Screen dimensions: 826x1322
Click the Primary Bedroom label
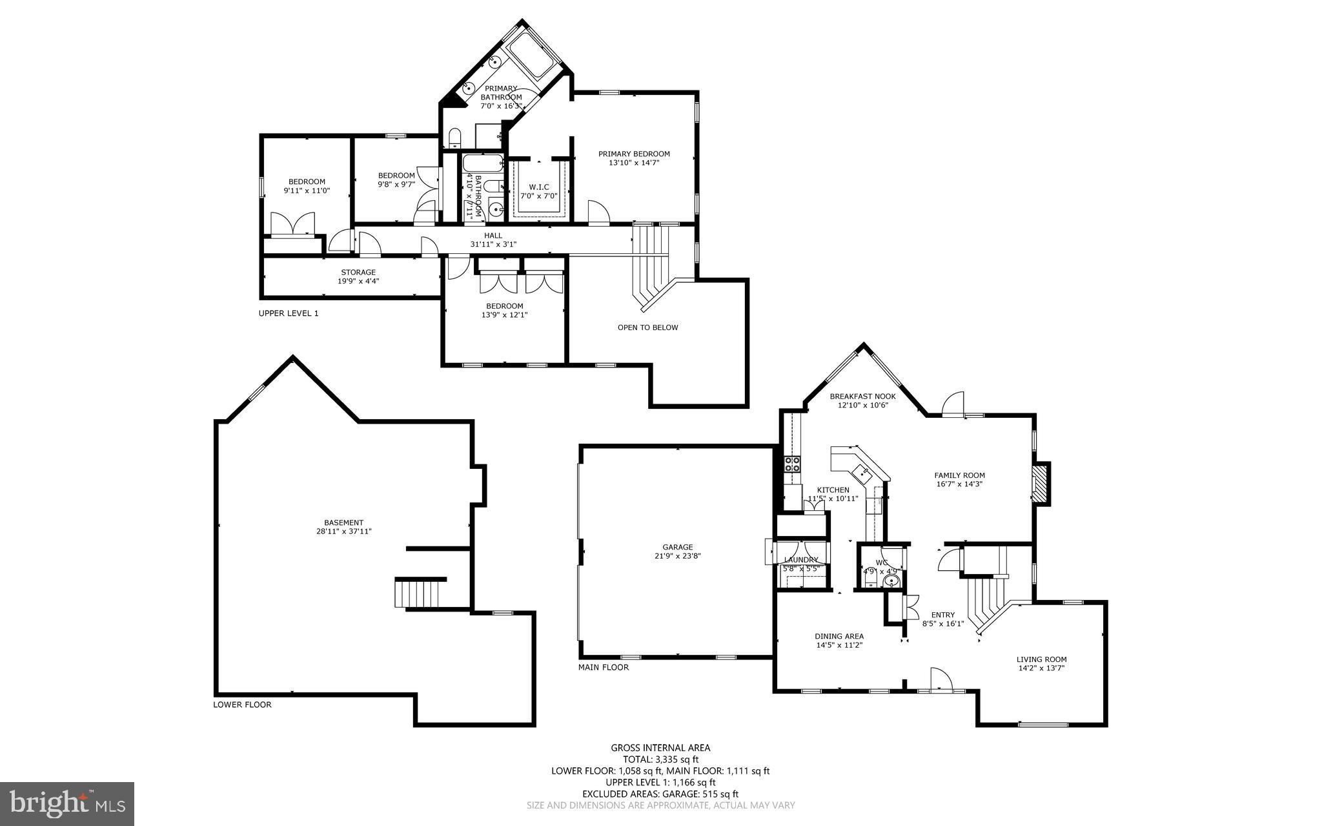[633, 154]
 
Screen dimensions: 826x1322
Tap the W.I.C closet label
[538, 187]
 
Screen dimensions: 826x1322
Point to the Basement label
[343, 522]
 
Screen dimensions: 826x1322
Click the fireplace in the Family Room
[1039, 482]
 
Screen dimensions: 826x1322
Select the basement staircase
[418, 594]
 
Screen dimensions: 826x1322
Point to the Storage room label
[358, 272]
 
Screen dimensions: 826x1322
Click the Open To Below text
[647, 327]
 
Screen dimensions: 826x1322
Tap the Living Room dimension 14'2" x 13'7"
[1041, 668]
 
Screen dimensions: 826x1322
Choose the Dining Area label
[839, 636]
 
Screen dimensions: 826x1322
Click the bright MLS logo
[67, 803]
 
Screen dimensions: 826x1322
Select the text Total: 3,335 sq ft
[660, 759]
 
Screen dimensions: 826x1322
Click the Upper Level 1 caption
[289, 313]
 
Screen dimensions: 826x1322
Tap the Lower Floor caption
[242, 705]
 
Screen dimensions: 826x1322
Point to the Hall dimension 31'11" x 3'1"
[493, 244]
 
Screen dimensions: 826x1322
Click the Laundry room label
[801, 560]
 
